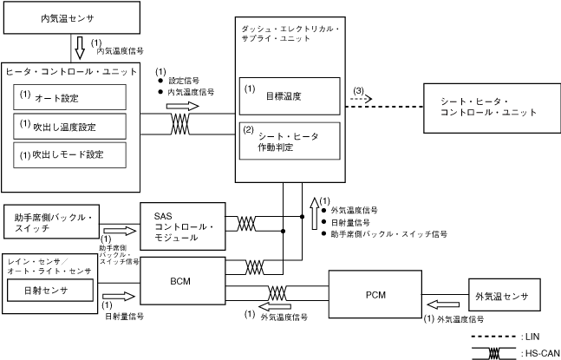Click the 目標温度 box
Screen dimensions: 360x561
[x=289, y=96]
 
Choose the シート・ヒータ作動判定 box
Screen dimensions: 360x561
[x=289, y=141]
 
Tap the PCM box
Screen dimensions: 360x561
[x=374, y=294]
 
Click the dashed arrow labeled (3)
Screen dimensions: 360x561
[x=361, y=99]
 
